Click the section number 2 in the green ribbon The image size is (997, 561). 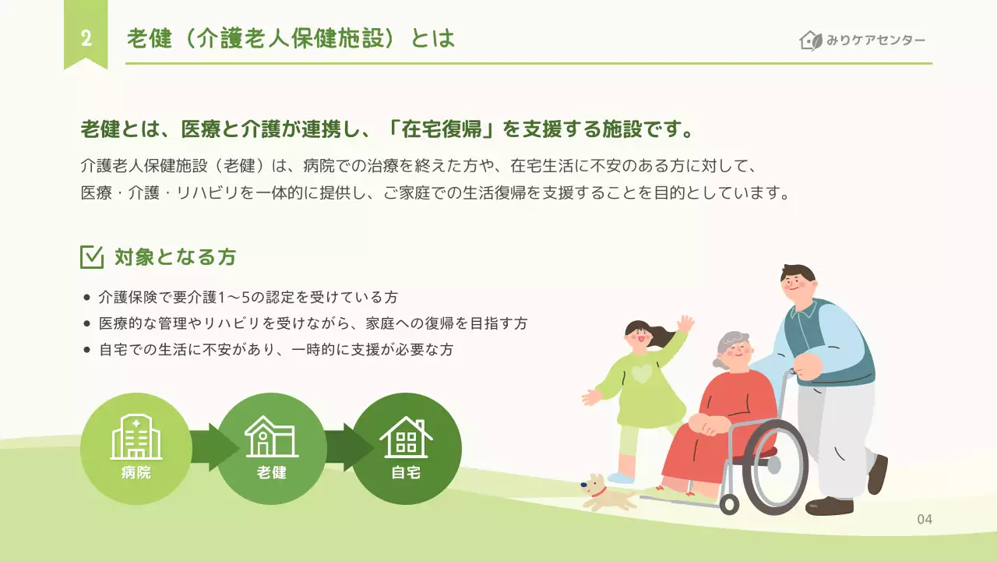coord(86,39)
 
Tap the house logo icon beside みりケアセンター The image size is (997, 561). coord(811,41)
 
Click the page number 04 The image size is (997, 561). coord(925,520)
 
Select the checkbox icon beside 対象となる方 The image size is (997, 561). coord(92,256)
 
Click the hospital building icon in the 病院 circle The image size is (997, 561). coord(136,437)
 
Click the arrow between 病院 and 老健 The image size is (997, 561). coord(212,448)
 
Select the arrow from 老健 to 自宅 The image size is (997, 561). coord(348,448)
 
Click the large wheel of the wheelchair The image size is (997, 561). coord(774,467)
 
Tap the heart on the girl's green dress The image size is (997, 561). coord(641,374)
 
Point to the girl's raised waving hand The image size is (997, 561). coord(685,323)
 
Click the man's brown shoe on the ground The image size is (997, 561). coord(829,506)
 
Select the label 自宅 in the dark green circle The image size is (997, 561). coord(406,472)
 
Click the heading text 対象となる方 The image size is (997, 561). coord(175,256)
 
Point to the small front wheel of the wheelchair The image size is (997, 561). coord(729,503)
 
